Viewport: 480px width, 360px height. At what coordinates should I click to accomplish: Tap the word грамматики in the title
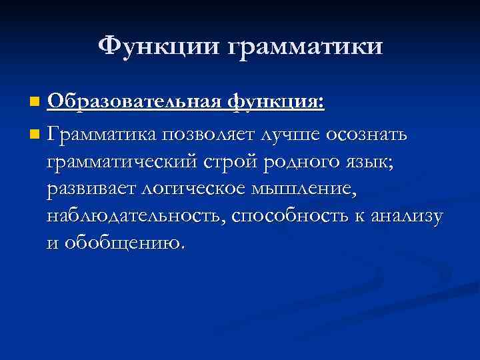point(306,47)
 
